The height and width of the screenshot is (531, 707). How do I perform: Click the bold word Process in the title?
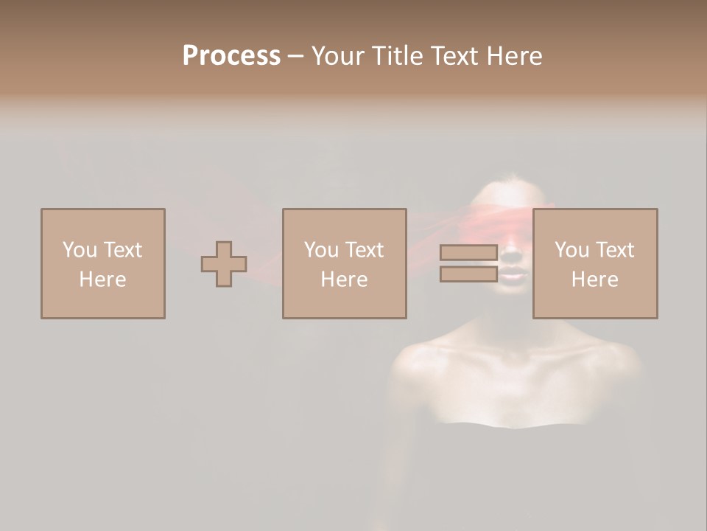click(x=231, y=56)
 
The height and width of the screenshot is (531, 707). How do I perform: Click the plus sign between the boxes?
click(x=224, y=264)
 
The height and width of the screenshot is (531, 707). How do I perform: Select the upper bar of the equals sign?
click(x=468, y=253)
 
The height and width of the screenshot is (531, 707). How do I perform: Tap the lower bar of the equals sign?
click(x=468, y=274)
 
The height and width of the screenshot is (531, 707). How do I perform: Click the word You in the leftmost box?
click(x=80, y=250)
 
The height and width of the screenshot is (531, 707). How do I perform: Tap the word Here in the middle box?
click(x=345, y=280)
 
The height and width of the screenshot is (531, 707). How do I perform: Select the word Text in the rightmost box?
click(x=614, y=250)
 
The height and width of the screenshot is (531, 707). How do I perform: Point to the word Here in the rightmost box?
click(x=595, y=280)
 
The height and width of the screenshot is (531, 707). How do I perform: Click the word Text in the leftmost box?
click(x=122, y=250)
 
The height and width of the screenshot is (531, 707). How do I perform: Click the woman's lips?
click(x=513, y=274)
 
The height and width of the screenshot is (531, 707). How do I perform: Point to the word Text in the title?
click(x=455, y=56)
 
